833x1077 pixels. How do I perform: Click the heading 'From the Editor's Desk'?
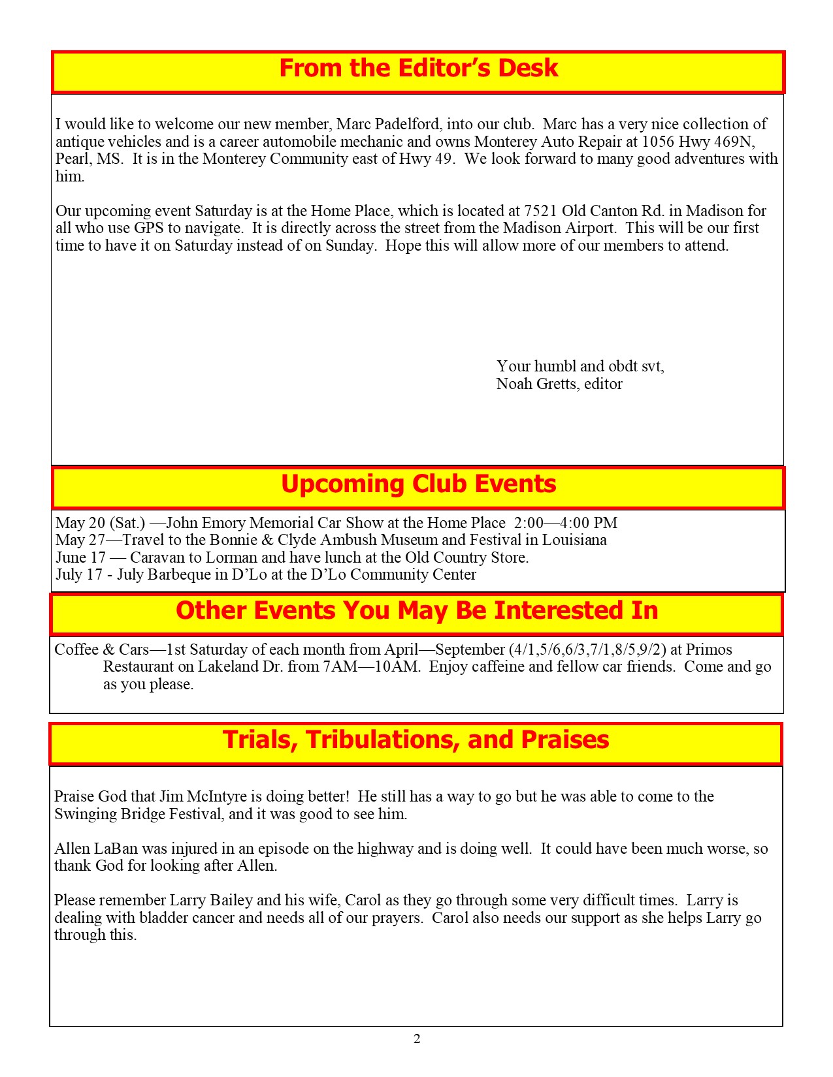418,69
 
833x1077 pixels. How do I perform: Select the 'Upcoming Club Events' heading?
418,484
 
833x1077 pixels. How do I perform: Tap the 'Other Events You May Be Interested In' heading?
417,611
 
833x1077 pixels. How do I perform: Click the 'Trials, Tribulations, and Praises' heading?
416,740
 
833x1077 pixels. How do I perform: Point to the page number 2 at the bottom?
417,1038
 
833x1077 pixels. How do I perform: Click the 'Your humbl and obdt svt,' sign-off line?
580,366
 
